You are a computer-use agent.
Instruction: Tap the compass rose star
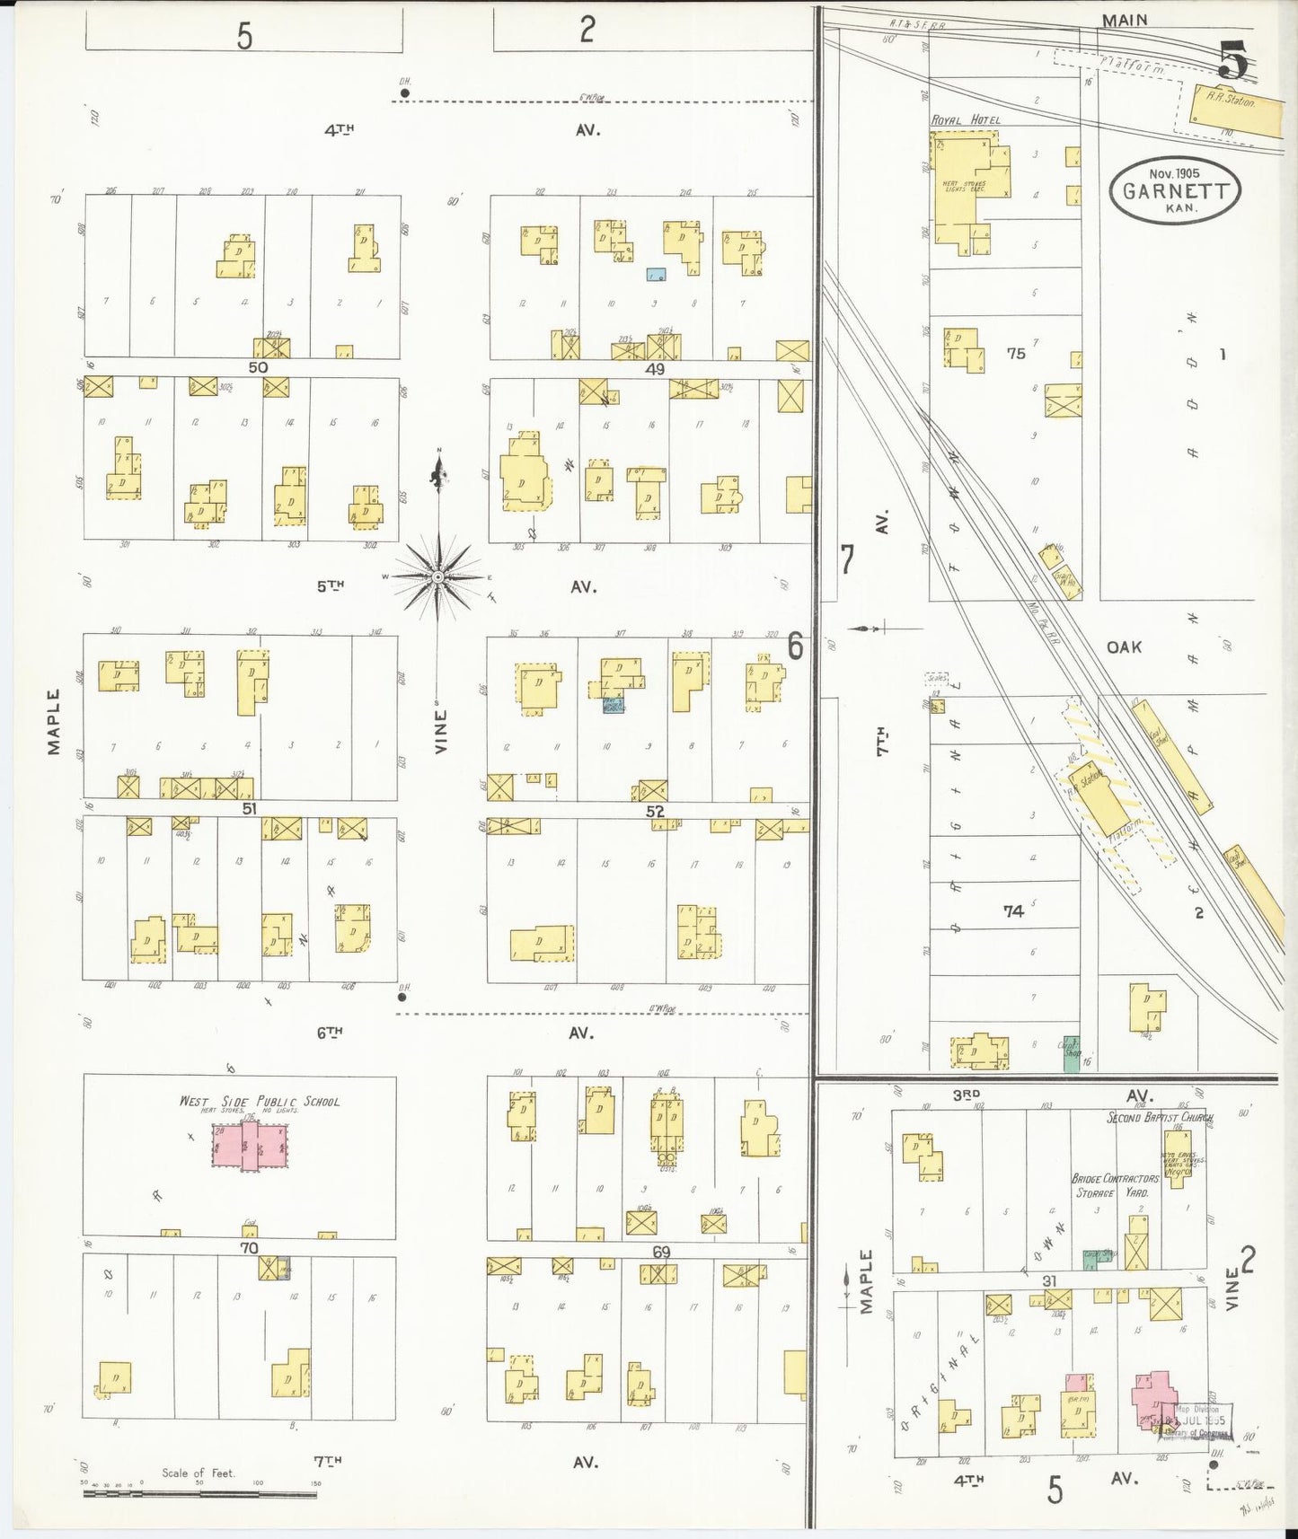pyautogui.click(x=437, y=576)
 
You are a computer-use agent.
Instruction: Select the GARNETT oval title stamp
pyautogui.click(x=1174, y=190)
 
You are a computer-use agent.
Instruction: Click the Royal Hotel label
pyautogui.click(x=965, y=119)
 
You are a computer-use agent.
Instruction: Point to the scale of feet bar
pyautogui.click(x=199, y=1493)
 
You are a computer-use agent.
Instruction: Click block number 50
pyautogui.click(x=258, y=367)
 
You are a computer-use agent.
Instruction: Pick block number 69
pyautogui.click(x=661, y=1252)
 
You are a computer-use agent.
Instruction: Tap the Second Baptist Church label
pyautogui.click(x=1159, y=1118)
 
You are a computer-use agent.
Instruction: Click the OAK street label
pyautogui.click(x=1124, y=646)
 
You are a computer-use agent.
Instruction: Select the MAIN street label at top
pyautogui.click(x=1125, y=20)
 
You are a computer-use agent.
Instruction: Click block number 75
pyautogui.click(x=1015, y=354)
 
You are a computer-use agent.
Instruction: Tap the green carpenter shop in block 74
pyautogui.click(x=1071, y=1053)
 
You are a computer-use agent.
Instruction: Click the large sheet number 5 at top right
pyautogui.click(x=1233, y=61)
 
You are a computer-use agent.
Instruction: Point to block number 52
pyautogui.click(x=656, y=812)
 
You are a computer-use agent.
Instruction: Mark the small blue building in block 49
pyautogui.click(x=657, y=274)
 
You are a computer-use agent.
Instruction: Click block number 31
pyautogui.click(x=1048, y=1281)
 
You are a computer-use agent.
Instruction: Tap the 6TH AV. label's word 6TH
pyautogui.click(x=330, y=1033)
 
